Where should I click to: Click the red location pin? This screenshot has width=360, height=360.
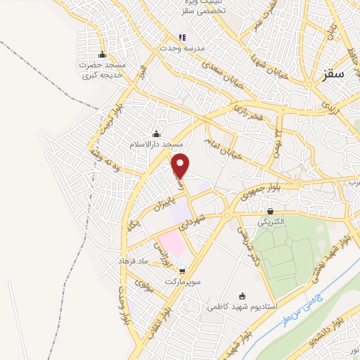(x=181, y=165)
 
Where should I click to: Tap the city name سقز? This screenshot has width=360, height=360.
(x=337, y=73)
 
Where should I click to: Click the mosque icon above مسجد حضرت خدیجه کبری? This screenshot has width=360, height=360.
(x=103, y=56)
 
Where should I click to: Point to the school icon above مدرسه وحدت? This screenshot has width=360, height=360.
(x=182, y=37)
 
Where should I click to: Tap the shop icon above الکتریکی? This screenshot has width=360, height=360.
(x=270, y=211)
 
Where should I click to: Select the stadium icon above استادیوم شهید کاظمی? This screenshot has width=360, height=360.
(x=243, y=296)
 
